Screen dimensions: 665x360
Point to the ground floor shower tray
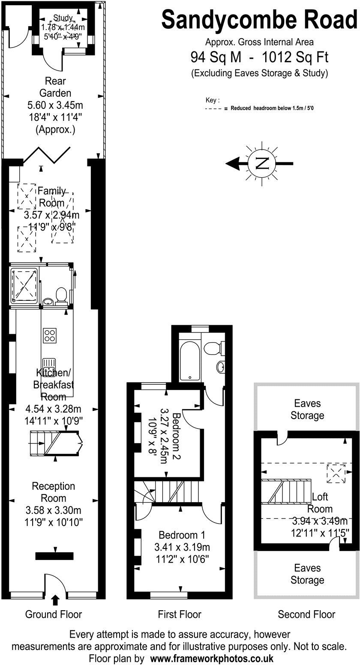25,284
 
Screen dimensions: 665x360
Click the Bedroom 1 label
182,535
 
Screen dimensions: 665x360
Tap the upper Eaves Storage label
307,409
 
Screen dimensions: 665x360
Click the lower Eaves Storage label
307,574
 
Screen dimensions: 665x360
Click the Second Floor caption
306,614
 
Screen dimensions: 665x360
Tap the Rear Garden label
55,87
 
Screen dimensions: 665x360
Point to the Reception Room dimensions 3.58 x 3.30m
54,510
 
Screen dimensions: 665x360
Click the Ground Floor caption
54,614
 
